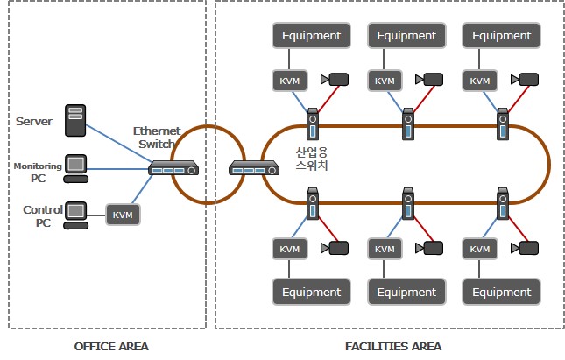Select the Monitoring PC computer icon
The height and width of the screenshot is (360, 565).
tap(77, 166)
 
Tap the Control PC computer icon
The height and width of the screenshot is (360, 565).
tap(77, 214)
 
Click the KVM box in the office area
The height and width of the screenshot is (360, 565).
tap(123, 213)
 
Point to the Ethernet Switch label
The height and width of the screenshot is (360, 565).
tap(156, 138)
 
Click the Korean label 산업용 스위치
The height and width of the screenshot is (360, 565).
tap(312, 158)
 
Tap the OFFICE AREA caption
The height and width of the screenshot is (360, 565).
tap(110, 345)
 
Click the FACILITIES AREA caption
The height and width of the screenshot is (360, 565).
tap(393, 345)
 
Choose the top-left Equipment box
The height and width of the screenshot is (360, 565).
tap(312, 36)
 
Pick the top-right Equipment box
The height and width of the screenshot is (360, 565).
tap(502, 36)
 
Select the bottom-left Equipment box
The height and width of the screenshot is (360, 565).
tap(312, 292)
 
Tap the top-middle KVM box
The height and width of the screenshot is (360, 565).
tap(385, 81)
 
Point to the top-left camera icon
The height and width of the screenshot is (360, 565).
tap(336, 80)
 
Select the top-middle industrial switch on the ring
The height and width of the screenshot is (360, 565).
tap(407, 124)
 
